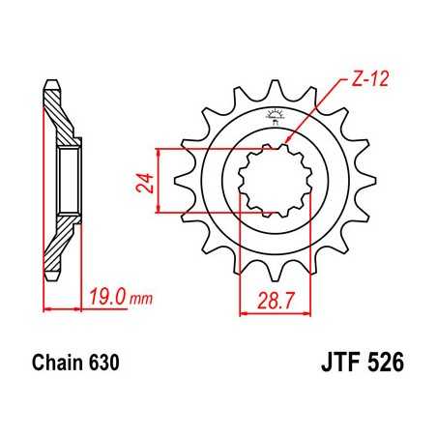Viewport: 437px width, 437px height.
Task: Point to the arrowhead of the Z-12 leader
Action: click(287, 145)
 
